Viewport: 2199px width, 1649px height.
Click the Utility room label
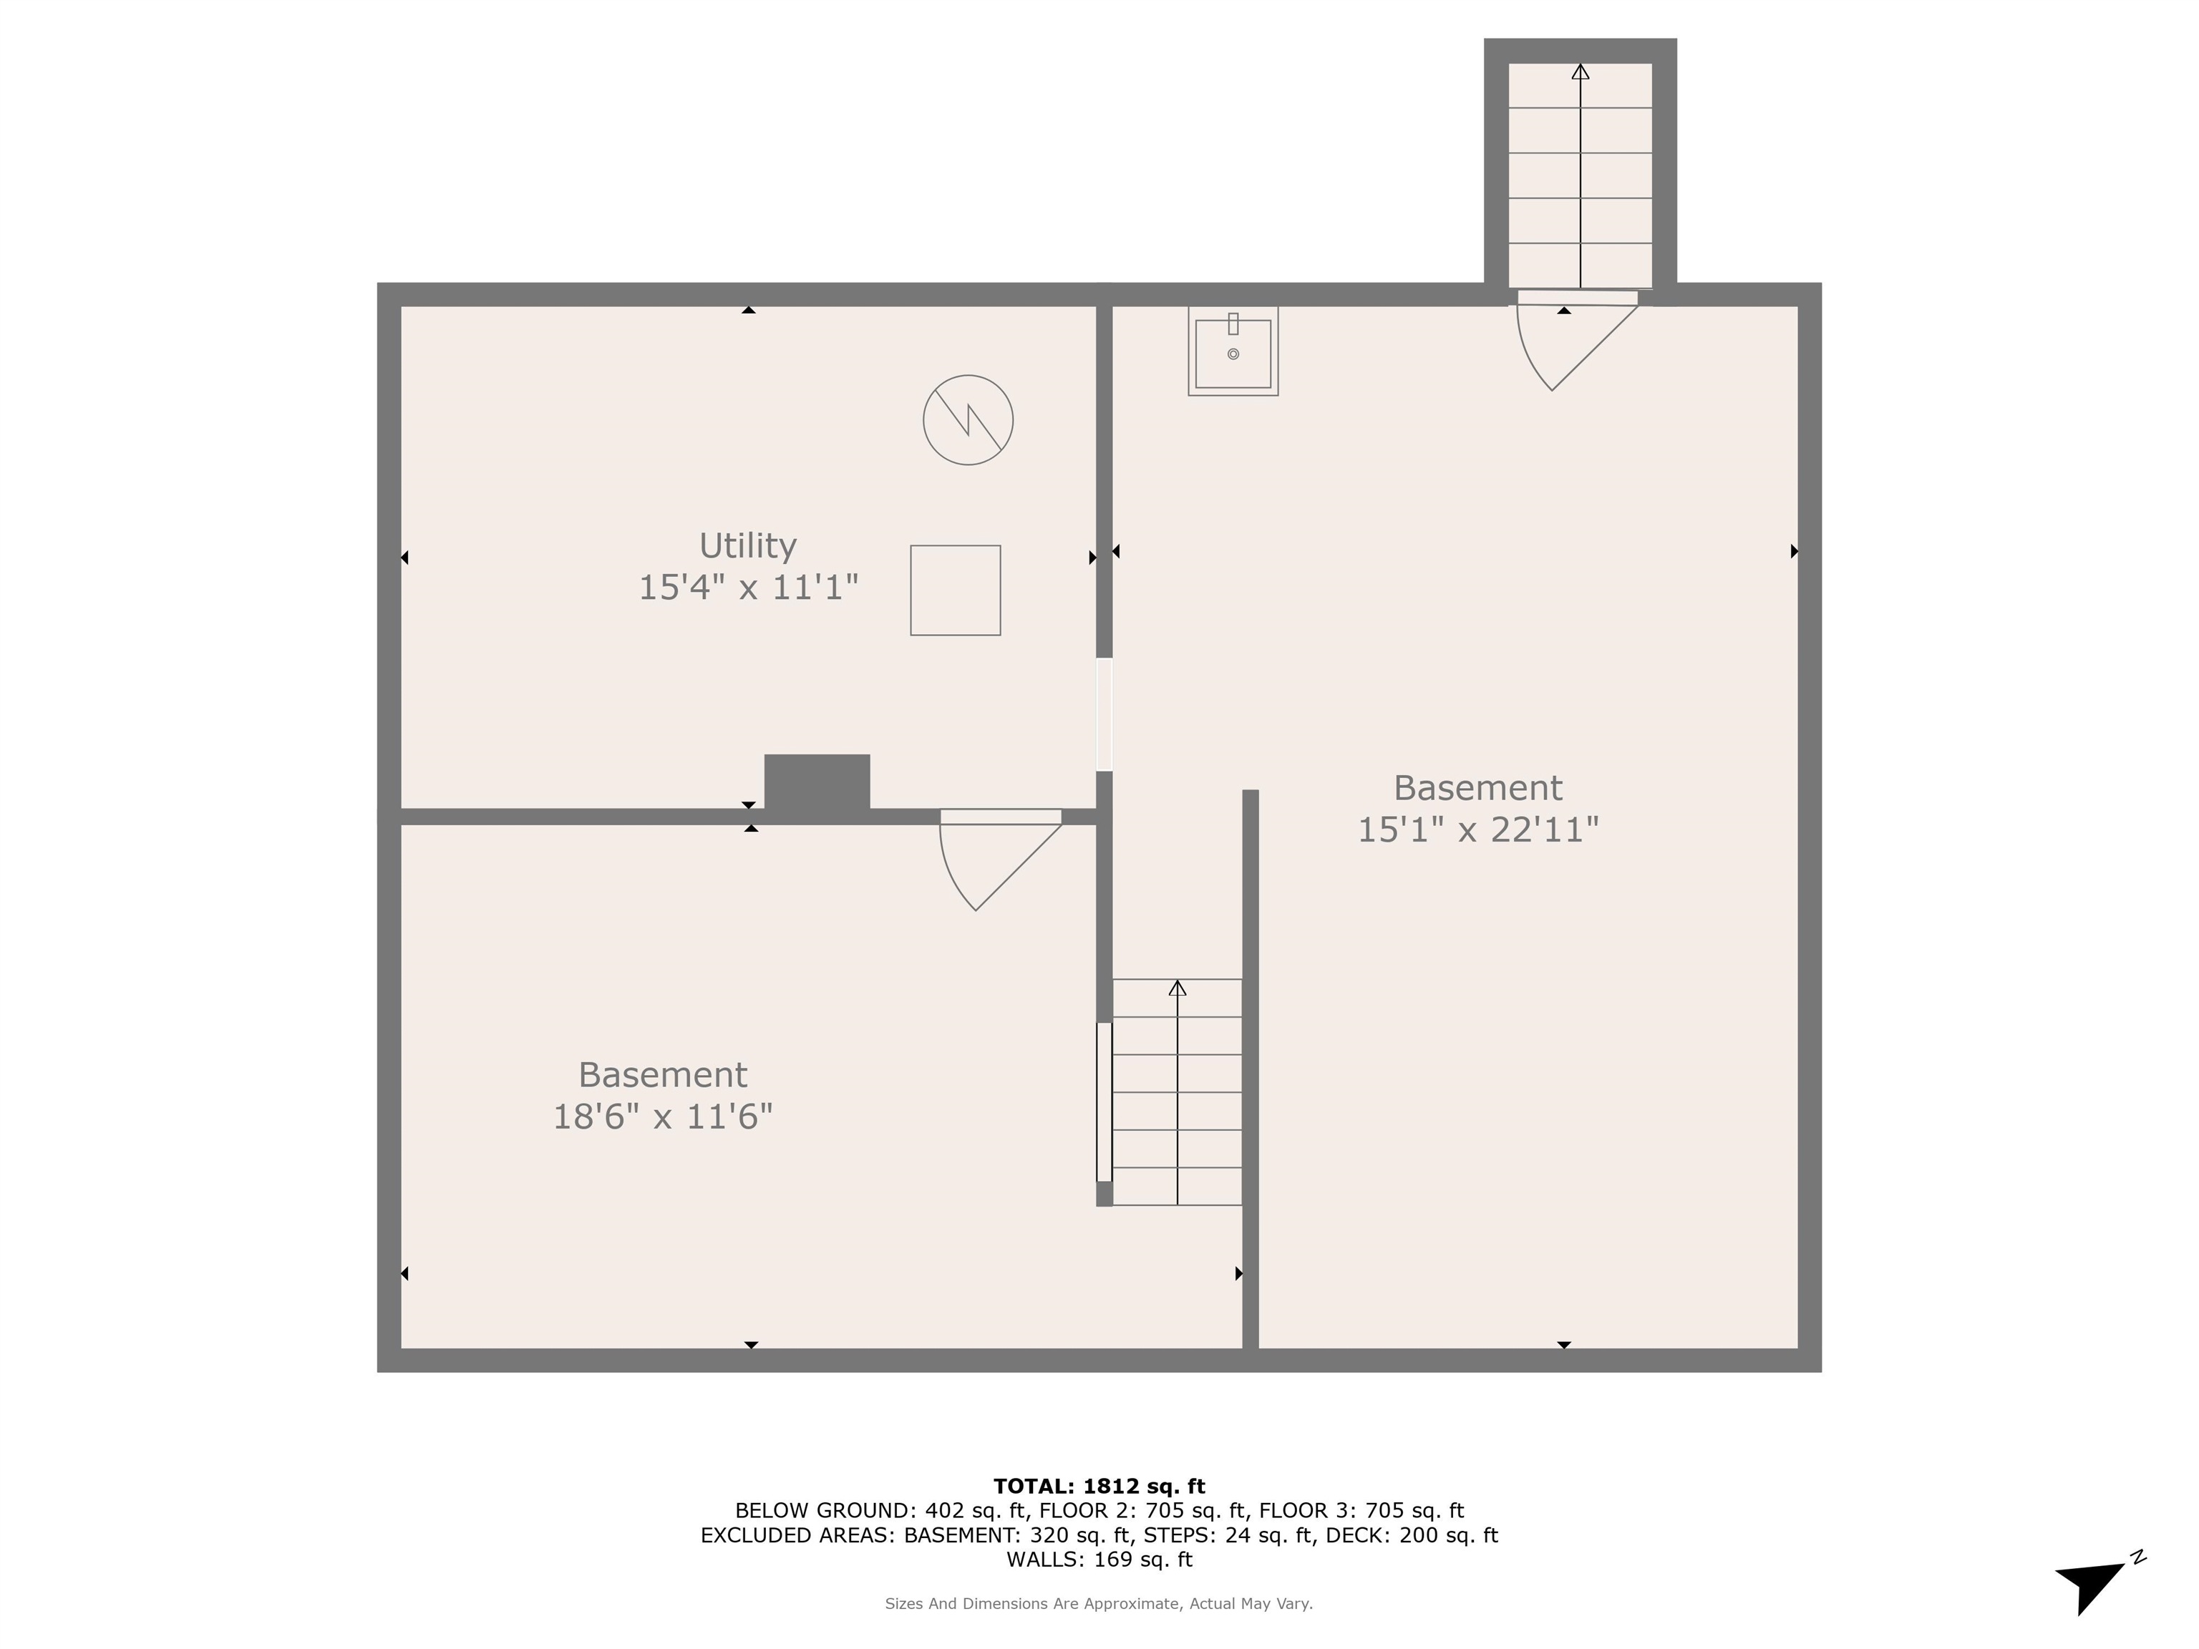(747, 545)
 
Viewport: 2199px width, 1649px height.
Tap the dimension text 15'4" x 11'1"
(747, 588)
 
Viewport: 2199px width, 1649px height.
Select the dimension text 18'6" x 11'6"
(662, 1117)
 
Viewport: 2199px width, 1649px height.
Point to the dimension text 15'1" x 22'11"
(1477, 829)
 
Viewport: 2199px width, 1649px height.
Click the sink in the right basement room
(1233, 352)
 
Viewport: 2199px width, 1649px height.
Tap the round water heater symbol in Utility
(967, 419)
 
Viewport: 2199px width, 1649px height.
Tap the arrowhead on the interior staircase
(1177, 988)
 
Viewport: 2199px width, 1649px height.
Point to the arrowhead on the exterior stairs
(1580, 72)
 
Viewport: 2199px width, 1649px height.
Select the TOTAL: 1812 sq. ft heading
(1099, 1486)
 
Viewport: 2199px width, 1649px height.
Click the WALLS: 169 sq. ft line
(1099, 1560)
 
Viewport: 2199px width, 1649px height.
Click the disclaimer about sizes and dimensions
(1099, 1603)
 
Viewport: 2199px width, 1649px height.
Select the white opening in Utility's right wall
(1104, 714)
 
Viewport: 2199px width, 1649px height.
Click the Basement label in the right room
(1477, 788)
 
